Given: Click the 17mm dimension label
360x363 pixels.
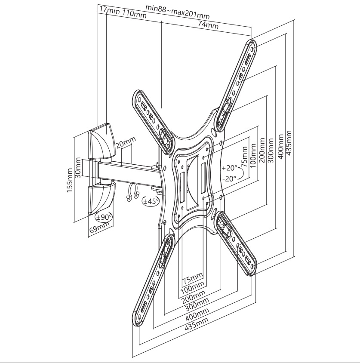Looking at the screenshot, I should coord(108,10).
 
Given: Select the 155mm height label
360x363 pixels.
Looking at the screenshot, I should coord(69,179).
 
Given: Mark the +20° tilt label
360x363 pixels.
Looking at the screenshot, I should coord(230,168).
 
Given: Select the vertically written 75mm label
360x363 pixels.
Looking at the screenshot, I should coord(244,158).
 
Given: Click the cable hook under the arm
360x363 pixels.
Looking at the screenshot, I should coord(133,192).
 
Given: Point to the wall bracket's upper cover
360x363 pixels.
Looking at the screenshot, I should coord(102,141).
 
